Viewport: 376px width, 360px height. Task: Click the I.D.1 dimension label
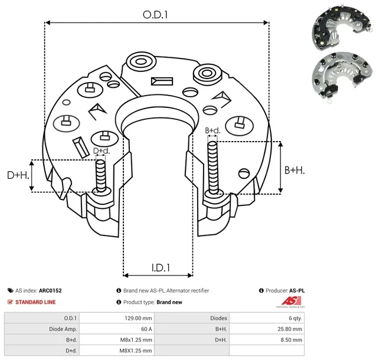pyautogui.click(x=157, y=267)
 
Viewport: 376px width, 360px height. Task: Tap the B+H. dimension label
pyautogui.click(x=295, y=170)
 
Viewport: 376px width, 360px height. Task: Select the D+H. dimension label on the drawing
pyautogui.click(x=18, y=175)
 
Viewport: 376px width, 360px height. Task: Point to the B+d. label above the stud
pyautogui.click(x=212, y=130)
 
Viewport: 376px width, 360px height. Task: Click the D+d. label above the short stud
pyautogui.click(x=102, y=151)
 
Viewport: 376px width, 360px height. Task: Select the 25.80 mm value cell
pyautogui.click(x=290, y=329)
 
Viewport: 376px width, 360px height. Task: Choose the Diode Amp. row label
pyautogui.click(x=62, y=329)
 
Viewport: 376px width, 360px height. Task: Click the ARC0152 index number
pyautogui.click(x=50, y=290)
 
